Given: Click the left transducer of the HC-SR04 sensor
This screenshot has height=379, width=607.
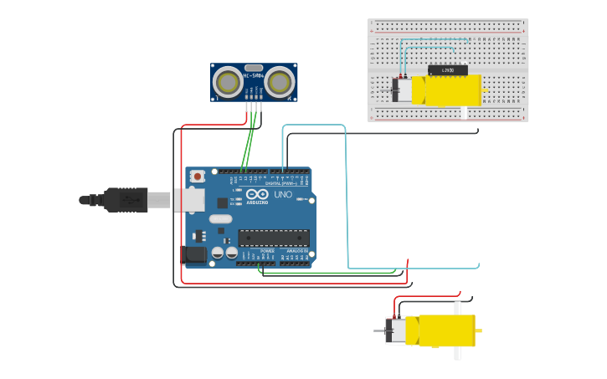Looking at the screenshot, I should click(x=227, y=81).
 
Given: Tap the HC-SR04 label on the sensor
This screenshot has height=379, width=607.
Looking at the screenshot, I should click(x=254, y=75).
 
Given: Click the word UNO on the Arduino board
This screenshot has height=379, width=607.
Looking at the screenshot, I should click(x=283, y=195).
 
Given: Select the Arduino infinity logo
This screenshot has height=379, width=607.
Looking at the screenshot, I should click(x=257, y=194).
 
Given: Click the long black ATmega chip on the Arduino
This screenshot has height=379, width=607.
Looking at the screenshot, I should click(x=273, y=237).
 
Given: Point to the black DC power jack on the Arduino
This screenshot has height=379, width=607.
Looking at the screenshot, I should click(x=195, y=254).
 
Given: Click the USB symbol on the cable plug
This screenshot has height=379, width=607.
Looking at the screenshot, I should click(x=126, y=200).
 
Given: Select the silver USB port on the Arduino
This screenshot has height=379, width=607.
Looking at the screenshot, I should click(x=189, y=199).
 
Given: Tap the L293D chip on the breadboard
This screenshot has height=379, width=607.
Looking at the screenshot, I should click(x=447, y=70).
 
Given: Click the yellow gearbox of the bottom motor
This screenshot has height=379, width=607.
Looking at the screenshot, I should click(x=446, y=330).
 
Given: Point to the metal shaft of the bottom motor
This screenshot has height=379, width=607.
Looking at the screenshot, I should click(x=379, y=330).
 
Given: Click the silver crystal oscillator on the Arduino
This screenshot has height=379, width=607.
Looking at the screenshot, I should click(x=220, y=219).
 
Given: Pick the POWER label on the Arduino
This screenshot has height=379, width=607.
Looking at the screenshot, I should click(x=267, y=250).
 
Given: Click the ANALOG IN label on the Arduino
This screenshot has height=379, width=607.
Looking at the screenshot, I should click(x=297, y=250).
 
